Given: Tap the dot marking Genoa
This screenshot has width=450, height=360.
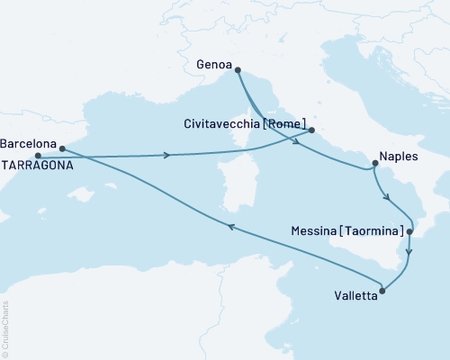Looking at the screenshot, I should [238, 68].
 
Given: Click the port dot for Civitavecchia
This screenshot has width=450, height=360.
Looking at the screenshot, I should [311, 130].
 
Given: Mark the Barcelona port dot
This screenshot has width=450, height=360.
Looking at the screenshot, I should [62, 148].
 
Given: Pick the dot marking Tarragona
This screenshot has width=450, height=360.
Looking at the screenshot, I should [37, 156].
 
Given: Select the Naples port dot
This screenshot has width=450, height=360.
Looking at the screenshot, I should [373, 163].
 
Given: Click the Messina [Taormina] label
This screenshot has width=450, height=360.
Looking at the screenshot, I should [348, 231].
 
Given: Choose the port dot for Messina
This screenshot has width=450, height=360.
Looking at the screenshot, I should [409, 232].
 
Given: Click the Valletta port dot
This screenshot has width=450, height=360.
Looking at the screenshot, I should [383, 291].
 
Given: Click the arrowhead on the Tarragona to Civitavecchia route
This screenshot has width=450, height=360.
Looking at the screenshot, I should [167, 155].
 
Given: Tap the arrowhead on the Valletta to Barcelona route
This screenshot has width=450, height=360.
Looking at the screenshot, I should [229, 228].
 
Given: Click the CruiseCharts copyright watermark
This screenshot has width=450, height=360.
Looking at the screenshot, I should [5, 328].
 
